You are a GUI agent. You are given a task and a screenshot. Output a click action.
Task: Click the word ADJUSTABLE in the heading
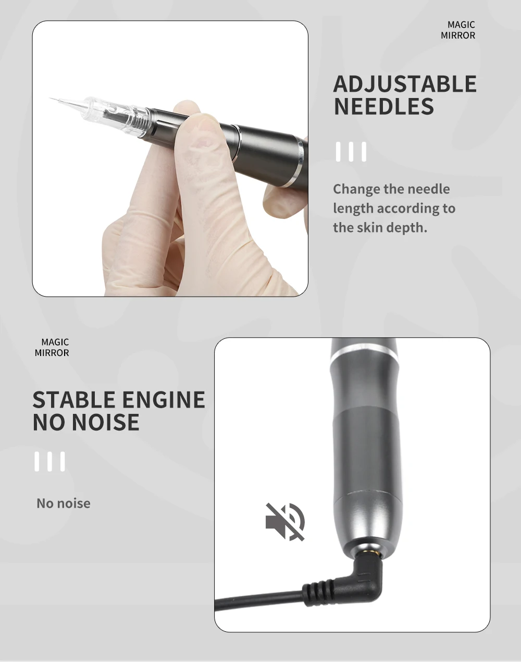[405, 84]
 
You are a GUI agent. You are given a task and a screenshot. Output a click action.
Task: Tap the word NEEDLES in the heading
[383, 106]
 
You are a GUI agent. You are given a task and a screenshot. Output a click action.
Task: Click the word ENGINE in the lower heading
[164, 400]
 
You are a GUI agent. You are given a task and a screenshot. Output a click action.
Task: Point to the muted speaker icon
[285, 522]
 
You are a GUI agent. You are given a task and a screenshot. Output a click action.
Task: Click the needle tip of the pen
[50, 99]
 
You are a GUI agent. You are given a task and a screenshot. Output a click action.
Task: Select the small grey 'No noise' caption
[64, 504]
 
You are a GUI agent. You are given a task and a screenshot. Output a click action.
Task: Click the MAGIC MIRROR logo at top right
[458, 30]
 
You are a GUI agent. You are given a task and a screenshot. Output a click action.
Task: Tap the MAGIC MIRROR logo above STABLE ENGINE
[52, 347]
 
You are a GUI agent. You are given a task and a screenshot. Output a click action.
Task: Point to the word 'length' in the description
[353, 209]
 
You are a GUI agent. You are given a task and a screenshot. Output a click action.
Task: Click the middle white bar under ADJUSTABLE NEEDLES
[351, 152]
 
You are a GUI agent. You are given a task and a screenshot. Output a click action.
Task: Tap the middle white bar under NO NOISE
[49, 461]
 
